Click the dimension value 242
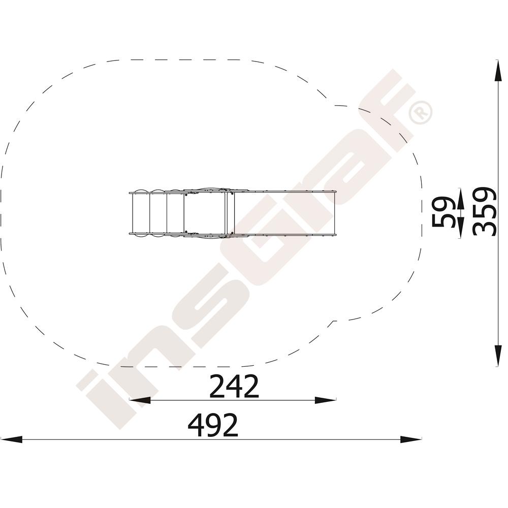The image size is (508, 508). (x=234, y=386)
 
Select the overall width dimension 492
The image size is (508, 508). (x=213, y=425)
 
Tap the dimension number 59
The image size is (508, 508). (x=444, y=212)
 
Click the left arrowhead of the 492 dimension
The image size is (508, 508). (x=11, y=439)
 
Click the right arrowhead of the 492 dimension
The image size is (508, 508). (x=411, y=439)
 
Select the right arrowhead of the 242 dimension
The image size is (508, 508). (x=326, y=400)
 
